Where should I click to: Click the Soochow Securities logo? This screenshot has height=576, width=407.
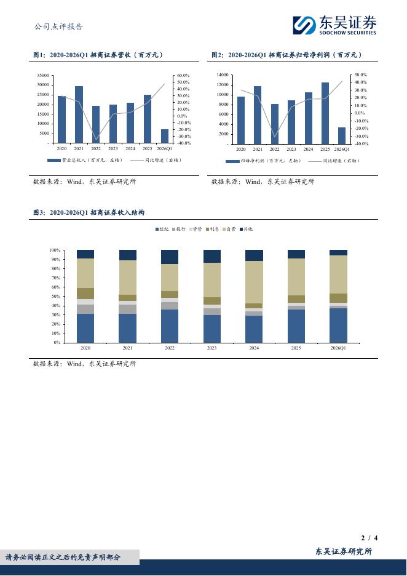pyautogui.click(x=334, y=25)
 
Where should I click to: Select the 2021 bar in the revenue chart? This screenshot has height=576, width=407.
pyautogui.click(x=79, y=114)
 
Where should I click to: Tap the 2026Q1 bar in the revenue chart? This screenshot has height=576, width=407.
pyautogui.click(x=165, y=136)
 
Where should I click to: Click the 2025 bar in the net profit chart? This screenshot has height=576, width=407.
pyautogui.click(x=325, y=113)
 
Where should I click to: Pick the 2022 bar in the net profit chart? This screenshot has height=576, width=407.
pyautogui.click(x=274, y=124)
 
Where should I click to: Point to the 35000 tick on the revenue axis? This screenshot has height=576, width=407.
pyautogui.click(x=43, y=75)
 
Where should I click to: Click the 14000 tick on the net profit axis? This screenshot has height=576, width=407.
pyautogui.click(x=223, y=74)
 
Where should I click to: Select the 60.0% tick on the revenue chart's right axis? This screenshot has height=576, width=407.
pyautogui.click(x=183, y=75)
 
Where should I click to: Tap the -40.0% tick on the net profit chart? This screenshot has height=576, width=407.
pyautogui.click(x=361, y=143)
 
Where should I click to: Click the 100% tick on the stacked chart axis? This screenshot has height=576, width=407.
pyautogui.click(x=55, y=250)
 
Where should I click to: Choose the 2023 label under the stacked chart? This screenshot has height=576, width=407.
pyautogui.click(x=211, y=348)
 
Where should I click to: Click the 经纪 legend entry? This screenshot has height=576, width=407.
pyautogui.click(x=162, y=229)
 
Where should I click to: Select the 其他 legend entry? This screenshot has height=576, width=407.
pyautogui.click(x=245, y=229)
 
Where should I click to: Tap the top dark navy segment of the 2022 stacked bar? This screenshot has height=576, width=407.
pyautogui.click(x=170, y=257)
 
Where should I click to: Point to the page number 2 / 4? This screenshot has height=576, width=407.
pyautogui.click(x=369, y=538)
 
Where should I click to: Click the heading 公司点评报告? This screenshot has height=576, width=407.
pyautogui.click(x=58, y=26)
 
